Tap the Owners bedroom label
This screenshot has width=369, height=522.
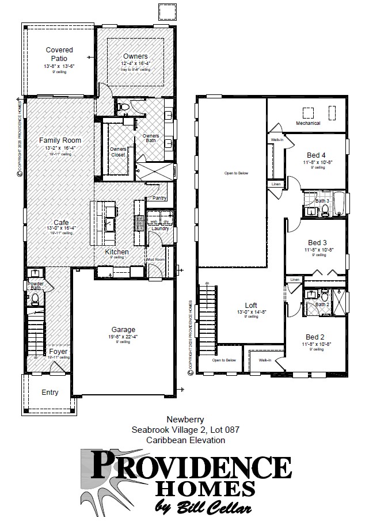click(x=135, y=56)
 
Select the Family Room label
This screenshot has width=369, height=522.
click(x=59, y=140)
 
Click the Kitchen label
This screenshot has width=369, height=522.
click(x=117, y=252)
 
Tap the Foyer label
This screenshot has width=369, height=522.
click(x=58, y=351)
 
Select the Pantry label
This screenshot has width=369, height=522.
click(x=159, y=199)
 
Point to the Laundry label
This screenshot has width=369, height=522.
click(x=159, y=228)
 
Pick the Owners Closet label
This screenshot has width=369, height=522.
click(x=118, y=152)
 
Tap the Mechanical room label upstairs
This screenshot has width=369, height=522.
click(x=307, y=123)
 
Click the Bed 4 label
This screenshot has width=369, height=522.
click(x=316, y=155)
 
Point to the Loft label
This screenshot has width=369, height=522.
click(x=250, y=305)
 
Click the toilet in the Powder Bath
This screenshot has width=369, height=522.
click(x=36, y=298)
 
